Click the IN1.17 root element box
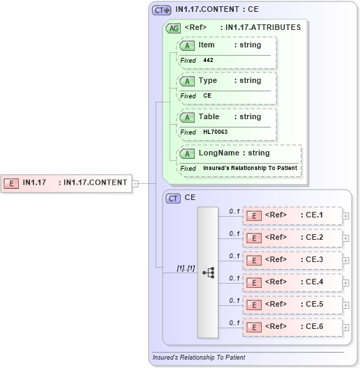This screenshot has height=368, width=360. [x=67, y=183]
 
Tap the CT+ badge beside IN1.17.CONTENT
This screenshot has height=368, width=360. [x=162, y=10]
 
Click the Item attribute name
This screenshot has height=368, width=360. [x=207, y=45]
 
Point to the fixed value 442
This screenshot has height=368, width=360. [x=208, y=61]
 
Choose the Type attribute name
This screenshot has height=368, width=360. [x=208, y=81]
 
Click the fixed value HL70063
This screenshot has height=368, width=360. [x=215, y=132]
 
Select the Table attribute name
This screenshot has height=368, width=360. [x=209, y=117]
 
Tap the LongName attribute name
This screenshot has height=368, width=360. [x=218, y=153]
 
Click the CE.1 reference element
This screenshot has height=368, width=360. [x=292, y=215]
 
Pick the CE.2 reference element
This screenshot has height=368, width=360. [x=292, y=238]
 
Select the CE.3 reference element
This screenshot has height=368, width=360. [x=292, y=260]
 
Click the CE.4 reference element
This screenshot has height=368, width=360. [x=292, y=282]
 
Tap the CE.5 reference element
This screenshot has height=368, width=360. [x=292, y=305]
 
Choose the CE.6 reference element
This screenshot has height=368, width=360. [x=292, y=327]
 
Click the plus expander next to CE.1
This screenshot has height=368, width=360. [x=346, y=216]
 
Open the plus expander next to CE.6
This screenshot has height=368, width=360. [x=346, y=328]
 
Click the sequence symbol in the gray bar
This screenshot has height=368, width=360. [x=208, y=272]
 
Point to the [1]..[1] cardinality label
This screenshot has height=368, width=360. [x=185, y=268]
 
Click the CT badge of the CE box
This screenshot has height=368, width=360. [x=173, y=198]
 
